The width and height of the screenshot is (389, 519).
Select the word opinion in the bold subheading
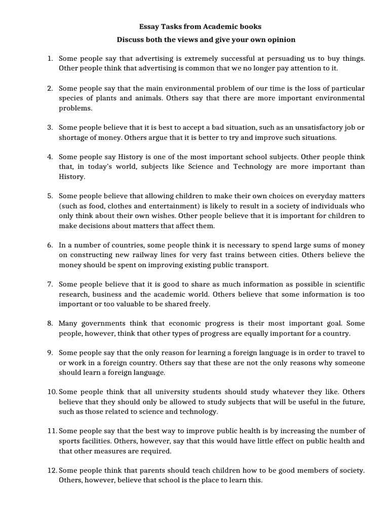281,39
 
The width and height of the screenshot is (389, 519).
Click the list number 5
50,196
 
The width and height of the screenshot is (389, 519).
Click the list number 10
51,392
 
